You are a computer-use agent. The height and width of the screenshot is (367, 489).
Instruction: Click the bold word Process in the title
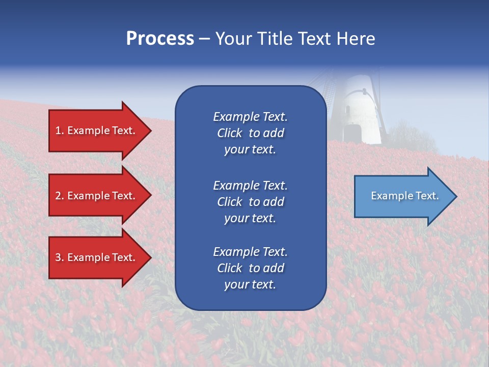(160, 39)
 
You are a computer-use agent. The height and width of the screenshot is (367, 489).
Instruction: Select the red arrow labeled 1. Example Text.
(97, 130)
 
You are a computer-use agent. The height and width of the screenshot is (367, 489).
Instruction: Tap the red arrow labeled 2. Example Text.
(97, 196)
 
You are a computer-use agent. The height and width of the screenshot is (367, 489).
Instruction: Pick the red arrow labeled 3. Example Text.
(97, 257)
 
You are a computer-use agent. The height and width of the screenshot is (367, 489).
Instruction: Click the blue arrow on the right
(402, 196)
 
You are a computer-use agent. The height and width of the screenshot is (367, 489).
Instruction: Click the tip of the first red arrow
(150, 130)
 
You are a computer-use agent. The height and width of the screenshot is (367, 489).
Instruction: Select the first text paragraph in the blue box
(250, 133)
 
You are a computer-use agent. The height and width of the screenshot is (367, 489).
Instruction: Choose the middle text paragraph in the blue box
(250, 202)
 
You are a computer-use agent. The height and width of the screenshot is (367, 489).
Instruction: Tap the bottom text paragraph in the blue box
(250, 268)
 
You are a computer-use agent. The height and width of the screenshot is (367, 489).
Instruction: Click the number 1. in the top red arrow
(60, 130)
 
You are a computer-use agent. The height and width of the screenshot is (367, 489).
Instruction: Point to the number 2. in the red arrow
(60, 196)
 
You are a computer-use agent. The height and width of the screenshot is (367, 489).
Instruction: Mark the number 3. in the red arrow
(60, 257)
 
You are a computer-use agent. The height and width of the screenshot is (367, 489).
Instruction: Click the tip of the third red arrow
(150, 257)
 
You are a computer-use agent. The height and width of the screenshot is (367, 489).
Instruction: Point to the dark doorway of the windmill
(351, 134)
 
